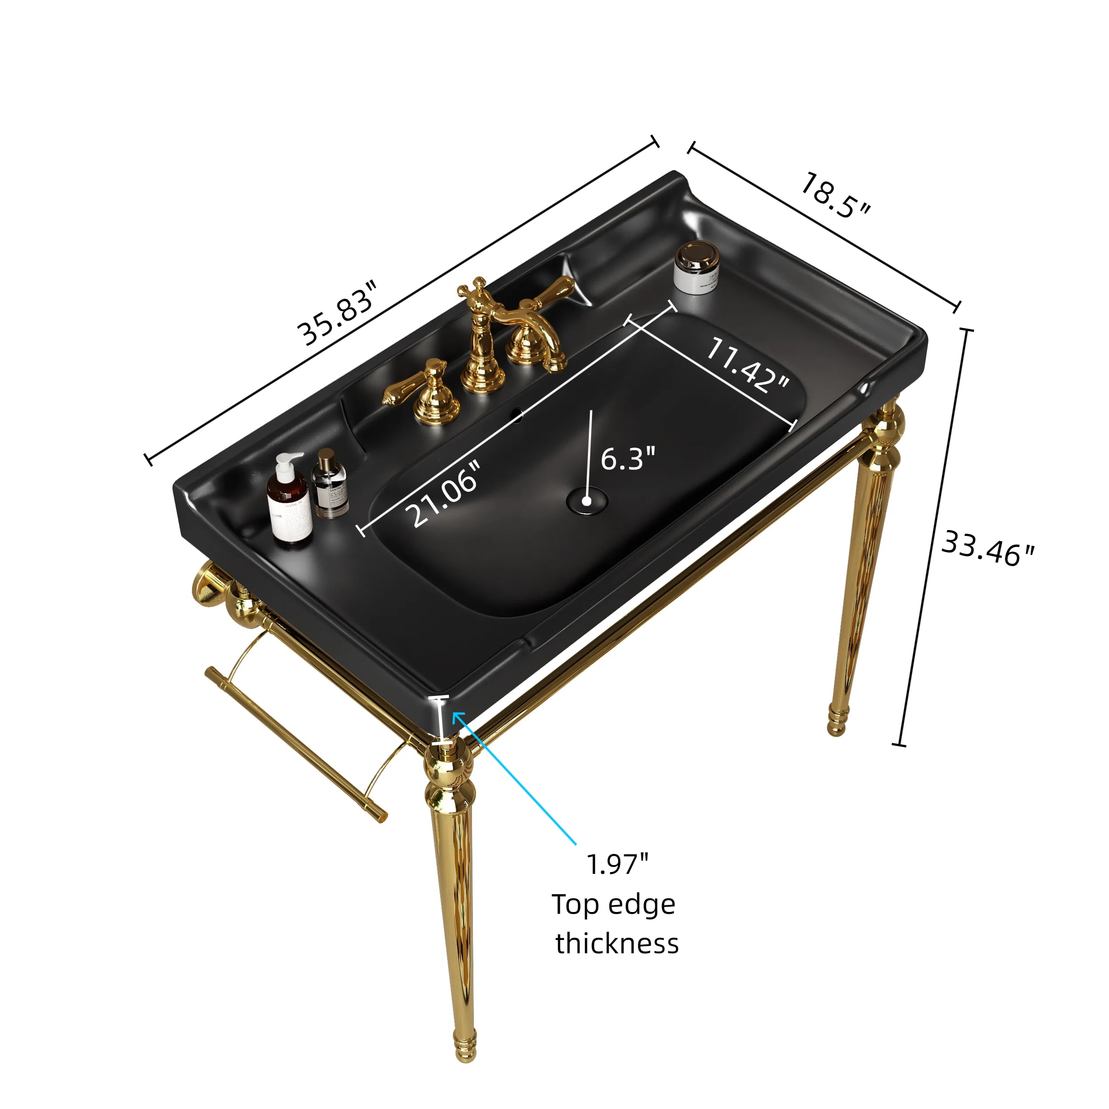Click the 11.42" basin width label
click(x=747, y=366)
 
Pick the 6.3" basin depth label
click(x=627, y=458)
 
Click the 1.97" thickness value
click(x=617, y=864)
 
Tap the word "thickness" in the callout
click(x=617, y=943)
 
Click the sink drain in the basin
click(x=586, y=500)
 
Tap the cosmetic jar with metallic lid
click(x=696, y=268)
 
